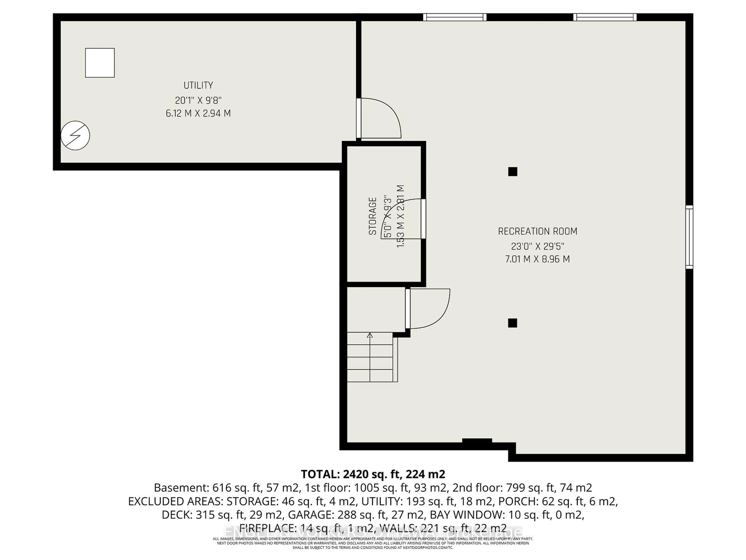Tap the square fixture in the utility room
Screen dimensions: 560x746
click(100, 63)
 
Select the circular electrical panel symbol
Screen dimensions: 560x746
click(75, 135)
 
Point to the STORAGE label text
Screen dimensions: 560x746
click(372, 216)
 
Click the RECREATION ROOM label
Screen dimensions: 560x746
click(538, 231)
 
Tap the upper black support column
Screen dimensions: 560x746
click(513, 172)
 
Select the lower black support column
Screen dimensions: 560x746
click(513, 323)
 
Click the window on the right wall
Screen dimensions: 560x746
click(689, 237)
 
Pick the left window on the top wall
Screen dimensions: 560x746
click(455, 17)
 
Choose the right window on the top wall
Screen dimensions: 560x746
click(605, 17)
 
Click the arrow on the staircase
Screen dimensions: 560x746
click(370, 335)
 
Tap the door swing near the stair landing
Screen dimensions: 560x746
click(428, 309)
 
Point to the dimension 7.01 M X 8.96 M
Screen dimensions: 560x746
click(538, 259)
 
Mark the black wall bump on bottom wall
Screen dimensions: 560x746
click(477, 440)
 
